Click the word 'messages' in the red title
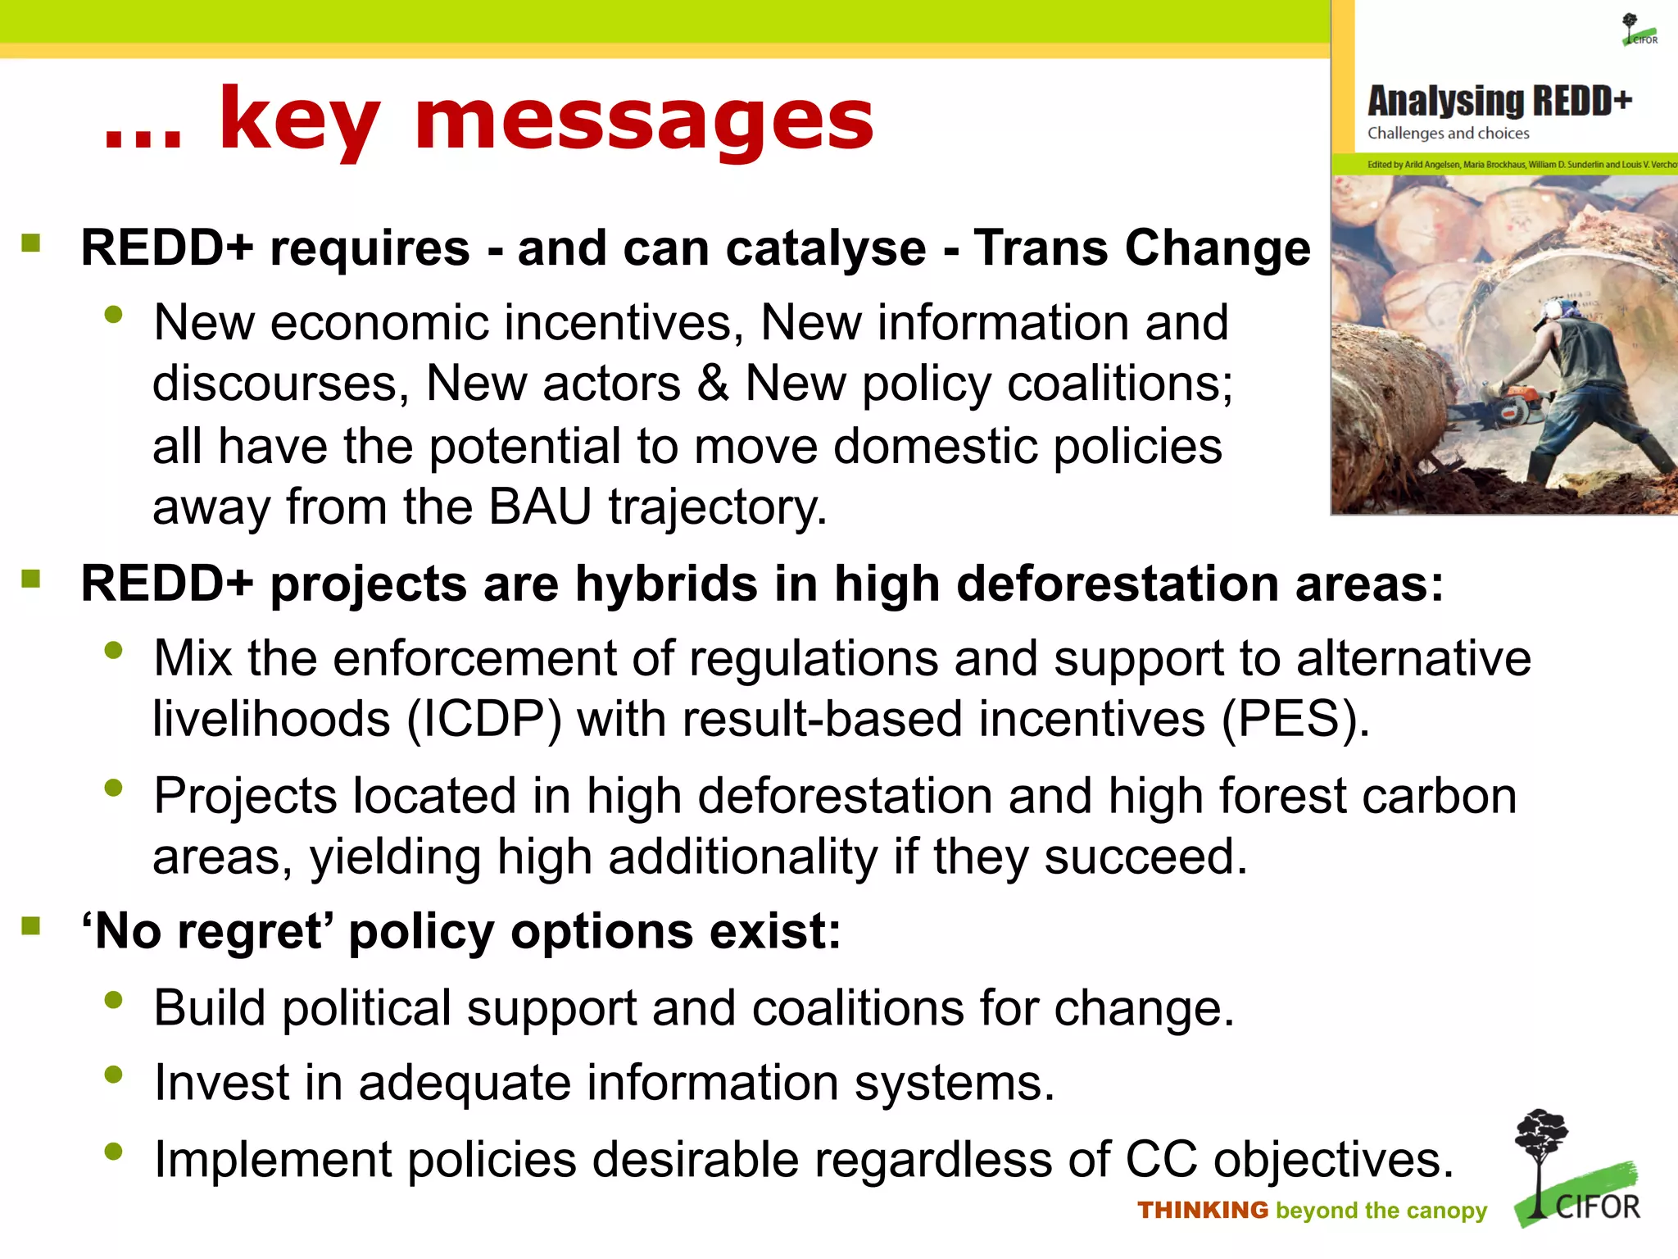(x=644, y=121)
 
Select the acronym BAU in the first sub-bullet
(x=539, y=507)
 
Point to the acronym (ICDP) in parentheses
(x=484, y=719)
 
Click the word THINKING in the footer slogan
(x=1202, y=1210)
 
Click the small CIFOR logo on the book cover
(x=1639, y=30)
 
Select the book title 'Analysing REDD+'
(x=1499, y=102)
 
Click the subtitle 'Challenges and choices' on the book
(x=1448, y=134)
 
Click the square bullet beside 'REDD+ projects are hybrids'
(x=31, y=580)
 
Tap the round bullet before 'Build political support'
(x=113, y=1000)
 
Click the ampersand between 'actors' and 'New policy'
(x=712, y=384)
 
